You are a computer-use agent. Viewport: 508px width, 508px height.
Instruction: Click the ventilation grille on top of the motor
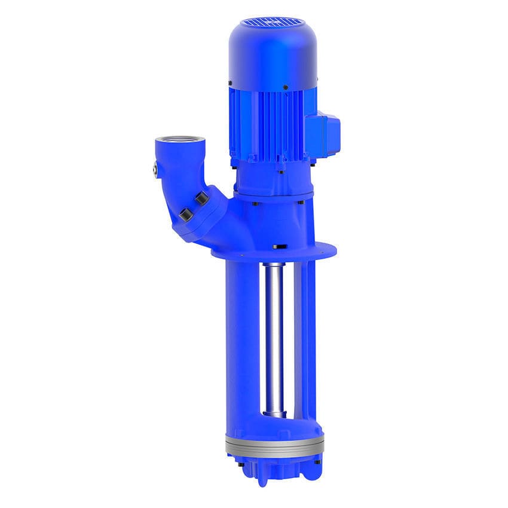(271, 22)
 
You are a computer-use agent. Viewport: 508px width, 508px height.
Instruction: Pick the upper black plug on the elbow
(201, 198)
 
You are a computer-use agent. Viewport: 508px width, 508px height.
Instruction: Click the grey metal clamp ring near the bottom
(274, 445)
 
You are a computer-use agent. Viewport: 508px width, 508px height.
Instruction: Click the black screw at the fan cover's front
(285, 87)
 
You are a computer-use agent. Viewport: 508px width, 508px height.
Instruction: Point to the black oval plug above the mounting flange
(279, 246)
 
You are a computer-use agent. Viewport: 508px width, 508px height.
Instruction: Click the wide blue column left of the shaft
(242, 341)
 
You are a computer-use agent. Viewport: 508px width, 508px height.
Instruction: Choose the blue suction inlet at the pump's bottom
(274, 469)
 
